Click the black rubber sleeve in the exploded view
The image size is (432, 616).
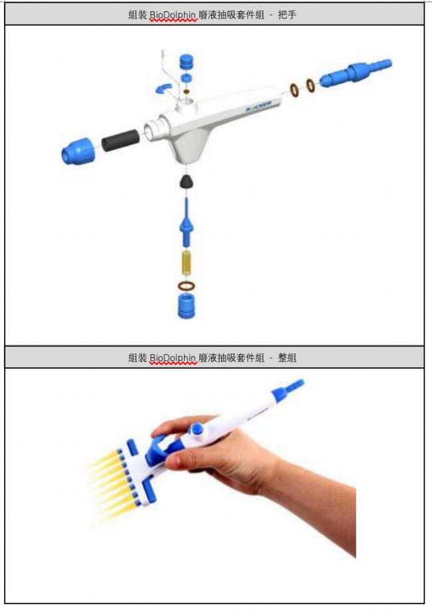coord(121,140)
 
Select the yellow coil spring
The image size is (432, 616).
coord(186,263)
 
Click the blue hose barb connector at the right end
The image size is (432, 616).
coord(356,72)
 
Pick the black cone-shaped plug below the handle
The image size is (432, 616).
coord(186,181)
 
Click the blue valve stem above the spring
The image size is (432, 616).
coord(186,223)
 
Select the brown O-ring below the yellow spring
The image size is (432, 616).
coord(186,286)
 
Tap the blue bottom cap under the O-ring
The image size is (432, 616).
coord(186,306)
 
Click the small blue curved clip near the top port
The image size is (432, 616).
coord(163,88)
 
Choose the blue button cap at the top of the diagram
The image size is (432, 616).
coord(186,62)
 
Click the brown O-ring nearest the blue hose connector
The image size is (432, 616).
coord(310,85)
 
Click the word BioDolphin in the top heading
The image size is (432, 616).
coord(173,15)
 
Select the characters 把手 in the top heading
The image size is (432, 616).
coord(287,15)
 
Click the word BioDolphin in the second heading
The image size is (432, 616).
coord(173,358)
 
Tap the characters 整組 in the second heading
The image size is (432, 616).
coord(287,358)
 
